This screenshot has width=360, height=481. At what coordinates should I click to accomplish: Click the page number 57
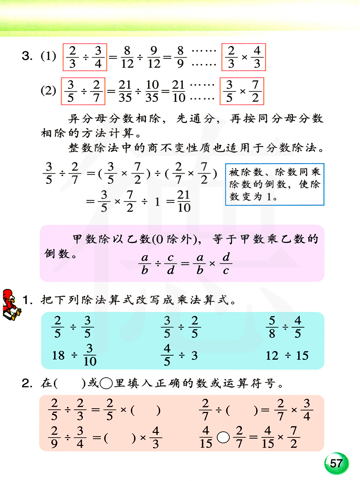[336, 463]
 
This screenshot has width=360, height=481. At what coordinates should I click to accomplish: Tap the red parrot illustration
[11, 305]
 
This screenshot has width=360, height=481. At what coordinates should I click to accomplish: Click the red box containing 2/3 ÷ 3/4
[85, 57]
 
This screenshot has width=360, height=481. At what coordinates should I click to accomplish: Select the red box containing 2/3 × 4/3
[244, 57]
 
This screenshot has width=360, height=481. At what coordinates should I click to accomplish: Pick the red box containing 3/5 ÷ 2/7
[83, 91]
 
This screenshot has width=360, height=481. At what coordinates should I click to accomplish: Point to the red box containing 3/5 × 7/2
[242, 91]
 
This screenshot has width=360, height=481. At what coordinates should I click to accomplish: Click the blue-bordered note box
[275, 184]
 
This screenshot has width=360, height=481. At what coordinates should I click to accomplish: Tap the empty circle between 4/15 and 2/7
[223, 437]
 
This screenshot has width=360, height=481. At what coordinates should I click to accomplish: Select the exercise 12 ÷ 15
[287, 356]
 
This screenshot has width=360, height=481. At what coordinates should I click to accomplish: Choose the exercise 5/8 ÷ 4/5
[285, 327]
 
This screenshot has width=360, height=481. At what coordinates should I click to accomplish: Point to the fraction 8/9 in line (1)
[180, 57]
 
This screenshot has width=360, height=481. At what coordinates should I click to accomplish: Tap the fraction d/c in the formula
[226, 264]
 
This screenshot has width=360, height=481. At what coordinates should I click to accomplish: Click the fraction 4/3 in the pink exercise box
[156, 437]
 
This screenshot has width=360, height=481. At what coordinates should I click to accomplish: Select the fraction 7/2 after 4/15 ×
[294, 437]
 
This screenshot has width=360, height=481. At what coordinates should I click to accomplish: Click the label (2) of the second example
[48, 90]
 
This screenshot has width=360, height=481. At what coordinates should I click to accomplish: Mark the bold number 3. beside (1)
[27, 56]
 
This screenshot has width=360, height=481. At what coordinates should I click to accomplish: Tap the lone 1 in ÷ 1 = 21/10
[157, 202]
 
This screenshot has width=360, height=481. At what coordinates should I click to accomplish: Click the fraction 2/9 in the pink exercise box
[54, 437]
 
